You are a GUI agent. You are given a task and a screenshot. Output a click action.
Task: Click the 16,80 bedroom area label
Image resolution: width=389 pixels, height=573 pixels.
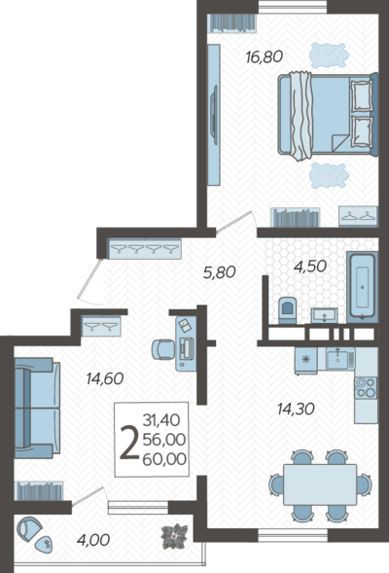point(265,57)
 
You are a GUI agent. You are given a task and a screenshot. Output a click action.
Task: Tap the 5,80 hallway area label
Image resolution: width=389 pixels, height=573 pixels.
point(219,272)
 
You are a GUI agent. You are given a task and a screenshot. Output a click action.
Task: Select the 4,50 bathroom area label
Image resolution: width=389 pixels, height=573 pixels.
point(310,267)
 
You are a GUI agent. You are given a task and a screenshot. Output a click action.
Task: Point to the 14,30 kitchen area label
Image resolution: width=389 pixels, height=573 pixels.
point(296,409)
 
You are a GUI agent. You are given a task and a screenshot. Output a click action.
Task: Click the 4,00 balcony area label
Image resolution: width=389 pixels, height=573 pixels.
point(93,540)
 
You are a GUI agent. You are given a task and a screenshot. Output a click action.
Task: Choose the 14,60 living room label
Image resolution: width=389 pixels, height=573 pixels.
point(105,378)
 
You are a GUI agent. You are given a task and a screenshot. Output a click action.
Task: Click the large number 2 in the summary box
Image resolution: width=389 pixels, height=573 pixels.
point(129,443)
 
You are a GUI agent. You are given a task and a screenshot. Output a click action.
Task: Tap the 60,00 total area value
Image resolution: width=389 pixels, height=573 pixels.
point(164,459)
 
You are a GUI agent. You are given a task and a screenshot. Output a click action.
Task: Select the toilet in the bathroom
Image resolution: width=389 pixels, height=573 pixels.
point(288,310)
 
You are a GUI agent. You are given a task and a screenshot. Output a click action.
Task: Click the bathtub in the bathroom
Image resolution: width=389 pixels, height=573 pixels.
point(362,285)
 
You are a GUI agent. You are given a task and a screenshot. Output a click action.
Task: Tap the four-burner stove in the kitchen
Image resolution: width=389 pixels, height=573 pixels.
point(366,388)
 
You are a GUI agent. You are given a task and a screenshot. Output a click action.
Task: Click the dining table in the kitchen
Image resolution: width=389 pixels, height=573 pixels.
point(320,484)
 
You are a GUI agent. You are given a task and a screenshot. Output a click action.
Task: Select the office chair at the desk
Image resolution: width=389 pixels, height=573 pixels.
point(163,349)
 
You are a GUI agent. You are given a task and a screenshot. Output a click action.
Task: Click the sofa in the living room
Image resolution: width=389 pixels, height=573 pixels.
point(37,408)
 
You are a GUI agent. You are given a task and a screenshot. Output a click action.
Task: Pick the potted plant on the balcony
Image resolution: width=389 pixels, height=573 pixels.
point(175,536)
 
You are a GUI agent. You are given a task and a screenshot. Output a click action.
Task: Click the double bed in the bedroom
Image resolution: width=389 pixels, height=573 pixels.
point(328,116)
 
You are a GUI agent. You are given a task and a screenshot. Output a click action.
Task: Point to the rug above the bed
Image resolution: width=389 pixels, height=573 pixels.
point(329,54)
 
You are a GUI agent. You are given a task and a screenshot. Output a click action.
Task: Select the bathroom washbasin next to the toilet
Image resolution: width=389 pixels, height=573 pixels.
point(324,315)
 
